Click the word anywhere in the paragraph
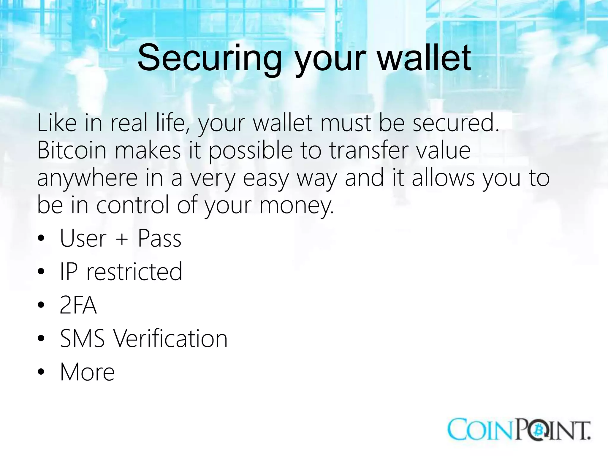pyautogui.click(x=87, y=178)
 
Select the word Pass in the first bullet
pyautogui.click(x=159, y=238)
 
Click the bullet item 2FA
pyautogui.click(x=78, y=305)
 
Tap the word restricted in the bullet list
pyautogui.click(x=134, y=272)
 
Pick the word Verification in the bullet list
pyautogui.click(x=170, y=338)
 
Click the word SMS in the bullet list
pyautogui.click(x=83, y=338)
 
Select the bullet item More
pyautogui.click(x=87, y=372)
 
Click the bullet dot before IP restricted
pyautogui.click(x=41, y=272)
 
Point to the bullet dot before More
pyautogui.click(x=41, y=372)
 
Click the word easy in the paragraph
pyautogui.click(x=266, y=178)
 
